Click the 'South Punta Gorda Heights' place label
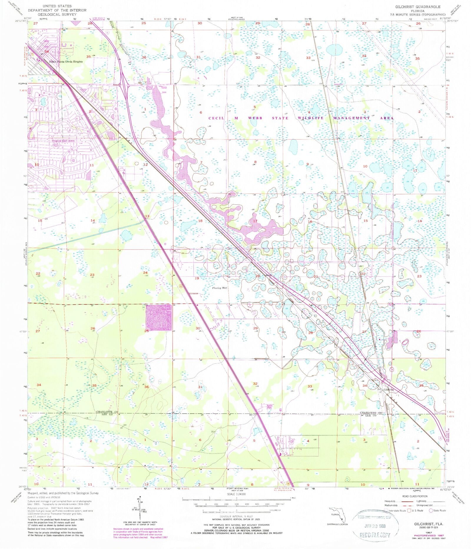(66, 62)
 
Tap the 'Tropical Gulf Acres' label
(63, 141)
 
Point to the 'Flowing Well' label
(220, 288)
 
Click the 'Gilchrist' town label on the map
(389, 389)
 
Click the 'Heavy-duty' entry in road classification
(390, 501)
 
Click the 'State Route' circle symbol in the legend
(431, 510)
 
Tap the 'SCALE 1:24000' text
(237, 494)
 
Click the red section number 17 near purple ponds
(255, 221)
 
